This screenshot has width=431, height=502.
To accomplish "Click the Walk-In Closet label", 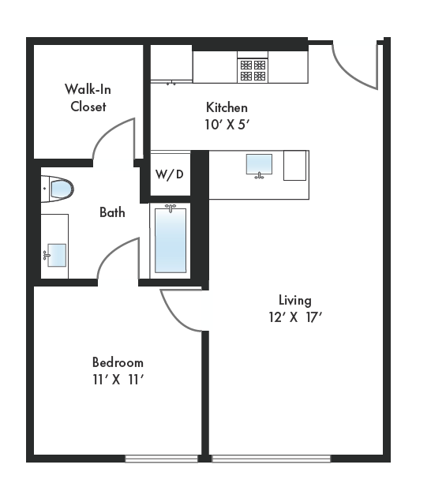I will coord(87,99).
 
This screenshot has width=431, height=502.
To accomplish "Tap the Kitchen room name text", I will coord(227,107).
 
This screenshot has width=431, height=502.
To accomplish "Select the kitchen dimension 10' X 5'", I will coord(227,124).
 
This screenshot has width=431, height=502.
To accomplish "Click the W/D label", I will coord(169,174).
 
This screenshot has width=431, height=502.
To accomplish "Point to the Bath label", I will coord(112,212).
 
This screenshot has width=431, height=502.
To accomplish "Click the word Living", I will coord(294,300).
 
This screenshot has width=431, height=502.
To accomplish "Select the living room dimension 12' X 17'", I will coord(294,317).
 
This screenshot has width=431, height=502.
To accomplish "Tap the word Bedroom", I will coord(118,362).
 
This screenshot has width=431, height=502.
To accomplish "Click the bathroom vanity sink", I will coord(55,255).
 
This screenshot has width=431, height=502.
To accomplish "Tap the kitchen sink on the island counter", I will coord(259,164).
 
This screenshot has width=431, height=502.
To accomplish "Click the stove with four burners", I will coord(253,67).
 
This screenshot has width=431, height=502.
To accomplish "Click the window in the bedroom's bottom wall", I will coord(161,459).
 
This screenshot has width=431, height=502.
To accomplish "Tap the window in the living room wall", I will coord(271,459).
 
